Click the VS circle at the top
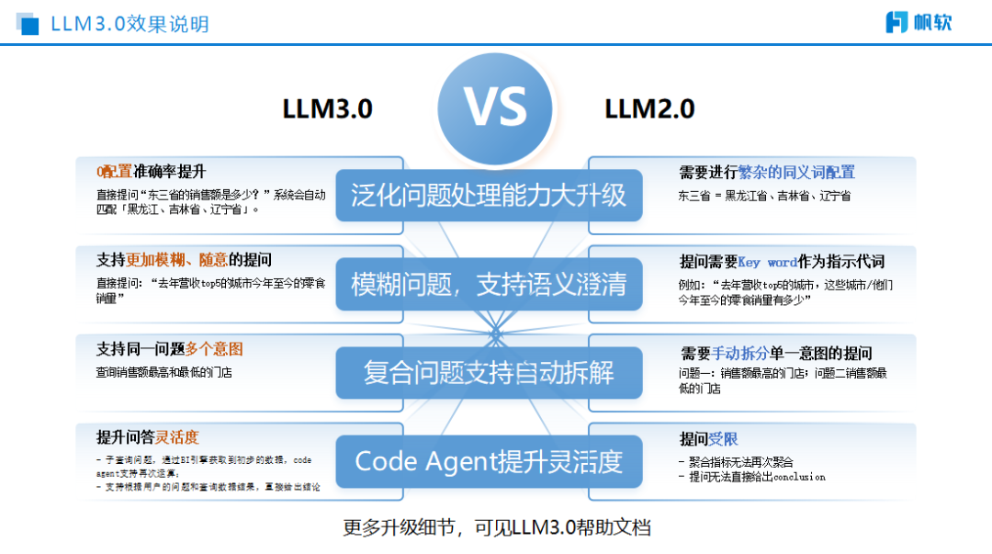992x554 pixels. tap(495, 109)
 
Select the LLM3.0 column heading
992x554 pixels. tap(327, 109)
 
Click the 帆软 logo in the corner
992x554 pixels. tap(918, 22)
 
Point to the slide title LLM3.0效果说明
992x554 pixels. tap(130, 24)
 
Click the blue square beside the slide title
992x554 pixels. tap(28, 25)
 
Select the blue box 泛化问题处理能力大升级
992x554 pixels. tap(489, 195)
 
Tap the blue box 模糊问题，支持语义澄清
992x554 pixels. tap(489, 284)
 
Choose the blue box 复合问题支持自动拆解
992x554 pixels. tap(489, 372)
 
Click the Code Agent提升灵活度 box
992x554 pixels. tap(489, 460)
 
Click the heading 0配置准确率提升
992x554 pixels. tap(152, 172)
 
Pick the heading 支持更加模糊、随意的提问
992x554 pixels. tap(184, 260)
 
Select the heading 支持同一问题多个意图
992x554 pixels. tap(170, 349)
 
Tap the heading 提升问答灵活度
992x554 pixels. tap(148, 437)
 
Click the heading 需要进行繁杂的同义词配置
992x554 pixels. tap(767, 172)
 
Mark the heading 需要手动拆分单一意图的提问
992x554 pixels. tap(776, 354)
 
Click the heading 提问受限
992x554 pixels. tap(708, 439)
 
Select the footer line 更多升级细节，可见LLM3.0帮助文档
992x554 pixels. tap(496, 527)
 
